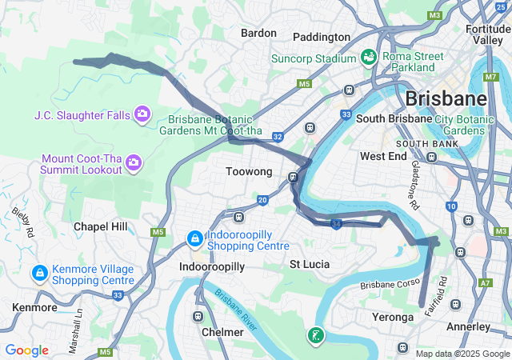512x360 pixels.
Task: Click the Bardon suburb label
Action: tap(258, 34)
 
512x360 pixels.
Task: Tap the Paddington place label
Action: tap(322, 37)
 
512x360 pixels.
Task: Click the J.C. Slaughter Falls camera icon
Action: tap(142, 115)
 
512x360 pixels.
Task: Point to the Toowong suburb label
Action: tap(249, 172)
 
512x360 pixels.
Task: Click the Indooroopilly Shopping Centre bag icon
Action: tap(194, 238)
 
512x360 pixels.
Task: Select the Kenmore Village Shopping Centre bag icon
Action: tap(38, 274)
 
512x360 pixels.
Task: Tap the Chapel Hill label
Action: tap(100, 226)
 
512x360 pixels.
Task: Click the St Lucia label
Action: tap(310, 264)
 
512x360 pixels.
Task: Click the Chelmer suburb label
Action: tap(223, 332)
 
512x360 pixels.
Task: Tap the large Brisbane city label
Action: tap(446, 99)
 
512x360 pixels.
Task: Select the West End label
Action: tap(383, 156)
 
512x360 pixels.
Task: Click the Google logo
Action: tap(26, 350)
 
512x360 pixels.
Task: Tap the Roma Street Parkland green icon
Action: tap(369, 57)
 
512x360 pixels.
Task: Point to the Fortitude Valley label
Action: tap(487, 34)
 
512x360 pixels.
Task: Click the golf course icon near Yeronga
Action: tap(318, 336)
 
